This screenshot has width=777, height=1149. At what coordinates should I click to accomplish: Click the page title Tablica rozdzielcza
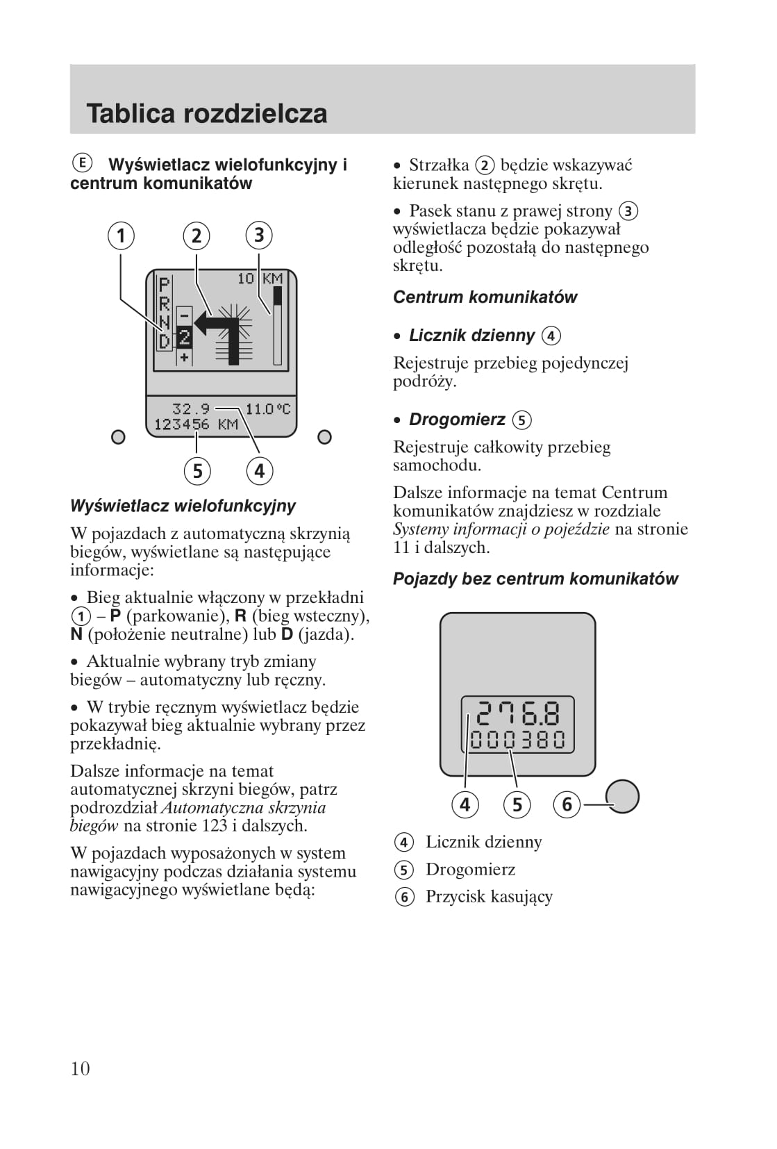click(x=206, y=114)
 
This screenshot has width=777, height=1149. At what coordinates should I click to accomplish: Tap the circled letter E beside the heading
click(x=81, y=163)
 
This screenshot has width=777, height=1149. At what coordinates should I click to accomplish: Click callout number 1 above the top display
click(x=121, y=235)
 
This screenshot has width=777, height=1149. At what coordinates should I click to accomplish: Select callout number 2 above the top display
click(x=197, y=235)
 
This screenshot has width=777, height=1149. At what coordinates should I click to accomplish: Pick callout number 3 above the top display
click(x=259, y=235)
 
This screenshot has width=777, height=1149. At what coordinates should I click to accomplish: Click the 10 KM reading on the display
click(x=260, y=279)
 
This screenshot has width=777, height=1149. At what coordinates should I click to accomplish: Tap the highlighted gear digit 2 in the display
click(x=184, y=338)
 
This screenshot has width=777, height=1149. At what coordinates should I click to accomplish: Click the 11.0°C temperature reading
click(x=267, y=408)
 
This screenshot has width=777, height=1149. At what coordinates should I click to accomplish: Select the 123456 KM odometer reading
click(x=196, y=424)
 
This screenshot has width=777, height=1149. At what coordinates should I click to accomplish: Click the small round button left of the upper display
click(x=119, y=437)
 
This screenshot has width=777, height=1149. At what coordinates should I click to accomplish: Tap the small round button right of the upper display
click(x=324, y=437)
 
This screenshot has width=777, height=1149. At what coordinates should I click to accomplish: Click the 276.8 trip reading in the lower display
click(x=518, y=714)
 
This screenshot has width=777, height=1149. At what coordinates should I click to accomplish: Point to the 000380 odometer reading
click(x=518, y=740)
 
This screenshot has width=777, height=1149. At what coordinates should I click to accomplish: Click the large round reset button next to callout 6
click(x=622, y=796)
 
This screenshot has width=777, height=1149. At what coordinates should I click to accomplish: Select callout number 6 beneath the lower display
click(x=567, y=804)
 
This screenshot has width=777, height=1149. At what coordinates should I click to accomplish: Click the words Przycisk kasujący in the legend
click(x=489, y=897)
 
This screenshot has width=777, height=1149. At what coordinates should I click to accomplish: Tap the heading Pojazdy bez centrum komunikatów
click(x=535, y=579)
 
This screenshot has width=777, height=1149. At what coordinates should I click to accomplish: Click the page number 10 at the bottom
click(x=80, y=1068)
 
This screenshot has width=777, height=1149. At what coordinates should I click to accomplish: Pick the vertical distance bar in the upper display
click(x=278, y=326)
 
